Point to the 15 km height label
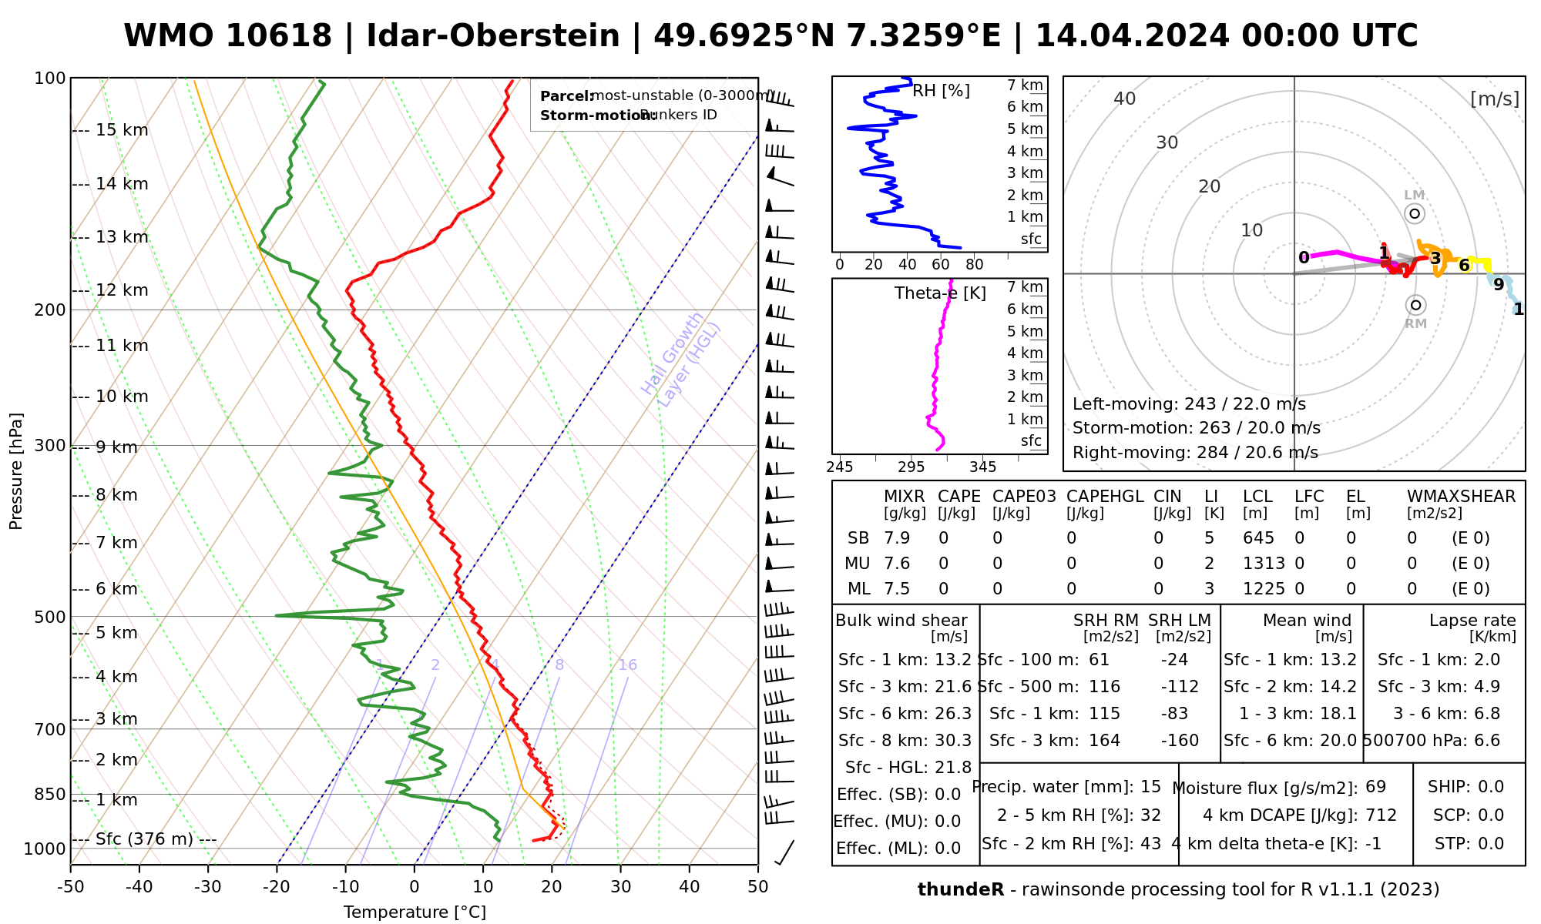point(122,130)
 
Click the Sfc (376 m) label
point(144,839)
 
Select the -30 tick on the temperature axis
point(208,887)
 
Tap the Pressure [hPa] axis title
point(16,471)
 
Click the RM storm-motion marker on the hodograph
point(1415,305)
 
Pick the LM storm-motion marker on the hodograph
point(1415,213)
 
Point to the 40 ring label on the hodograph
point(1125,99)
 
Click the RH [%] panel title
point(941,91)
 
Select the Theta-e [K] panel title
point(940,293)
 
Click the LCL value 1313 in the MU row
point(1264,564)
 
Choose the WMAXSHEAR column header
point(1461,497)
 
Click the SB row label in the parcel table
point(858,538)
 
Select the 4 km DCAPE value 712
point(1382,815)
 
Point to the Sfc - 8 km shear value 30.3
point(953,741)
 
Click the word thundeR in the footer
point(961,890)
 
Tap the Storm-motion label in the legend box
point(587,115)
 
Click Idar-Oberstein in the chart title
point(493,36)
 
